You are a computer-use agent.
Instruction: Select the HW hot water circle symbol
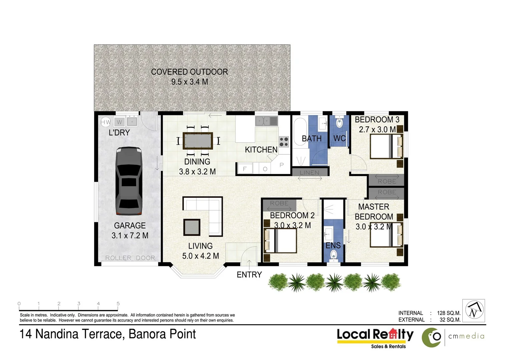click(105, 122)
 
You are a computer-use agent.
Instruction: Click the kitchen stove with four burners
click(284, 142)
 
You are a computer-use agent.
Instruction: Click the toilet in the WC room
click(339, 123)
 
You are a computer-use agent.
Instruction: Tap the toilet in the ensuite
click(333, 255)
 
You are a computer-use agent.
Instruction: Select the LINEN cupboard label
click(310, 172)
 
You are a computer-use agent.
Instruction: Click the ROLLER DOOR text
click(130, 258)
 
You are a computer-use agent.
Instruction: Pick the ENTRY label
click(249, 275)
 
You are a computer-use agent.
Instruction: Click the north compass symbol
click(474, 310)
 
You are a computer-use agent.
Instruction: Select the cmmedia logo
click(454, 337)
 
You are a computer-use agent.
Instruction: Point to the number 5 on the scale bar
click(118, 304)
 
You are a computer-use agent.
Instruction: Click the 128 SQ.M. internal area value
click(449, 313)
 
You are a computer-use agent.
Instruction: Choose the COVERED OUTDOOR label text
click(189, 72)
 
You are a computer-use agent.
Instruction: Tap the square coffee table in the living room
click(192, 227)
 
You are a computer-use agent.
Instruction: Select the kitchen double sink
click(267, 121)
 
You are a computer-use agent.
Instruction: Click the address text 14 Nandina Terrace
click(72, 334)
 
